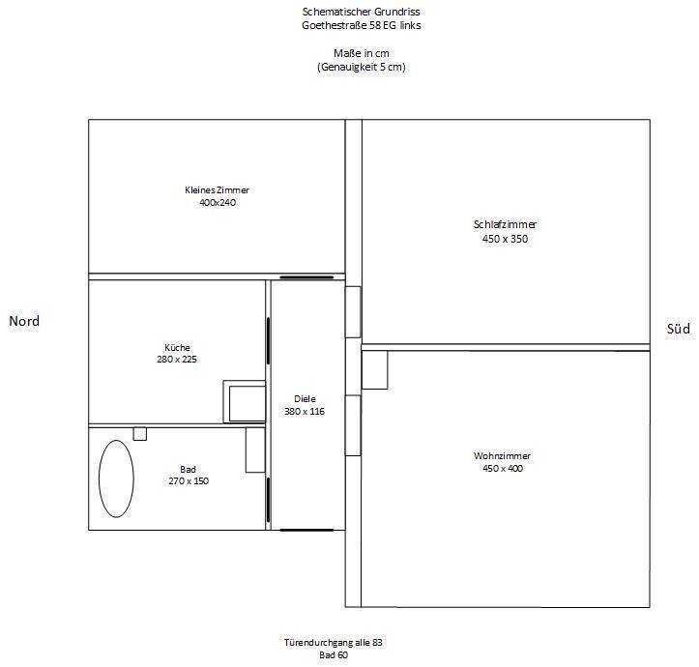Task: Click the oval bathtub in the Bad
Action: click(99, 478)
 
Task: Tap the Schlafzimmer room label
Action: click(505, 224)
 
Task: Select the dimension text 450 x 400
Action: click(503, 468)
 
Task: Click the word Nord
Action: click(24, 321)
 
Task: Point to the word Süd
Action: click(678, 329)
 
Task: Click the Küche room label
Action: click(177, 347)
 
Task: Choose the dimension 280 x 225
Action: click(177, 360)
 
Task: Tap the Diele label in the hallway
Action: click(305, 399)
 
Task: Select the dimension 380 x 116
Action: click(305, 412)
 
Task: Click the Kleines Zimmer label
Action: click(218, 189)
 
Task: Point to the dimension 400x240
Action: click(218, 202)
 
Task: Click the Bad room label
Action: click(188, 469)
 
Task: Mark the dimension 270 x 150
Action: click(189, 481)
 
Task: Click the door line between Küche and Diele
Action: click(268, 340)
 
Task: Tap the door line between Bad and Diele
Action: click(268, 500)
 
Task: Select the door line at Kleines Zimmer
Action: click(306, 277)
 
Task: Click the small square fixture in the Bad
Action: click(140, 434)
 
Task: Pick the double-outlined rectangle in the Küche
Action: click(245, 402)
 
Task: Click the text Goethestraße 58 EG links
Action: click(361, 25)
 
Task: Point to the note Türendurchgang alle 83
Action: click(334, 643)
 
